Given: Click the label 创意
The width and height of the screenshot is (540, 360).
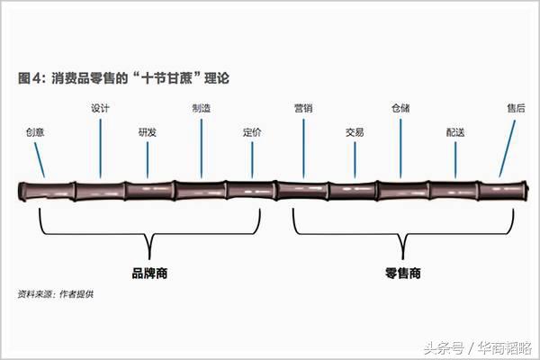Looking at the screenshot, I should click(x=35, y=132).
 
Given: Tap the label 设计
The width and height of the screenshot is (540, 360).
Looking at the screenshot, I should click(x=101, y=108).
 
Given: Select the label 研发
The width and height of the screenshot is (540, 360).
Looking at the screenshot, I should click(x=148, y=132).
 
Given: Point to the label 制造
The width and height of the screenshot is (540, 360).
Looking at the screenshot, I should click(x=202, y=108).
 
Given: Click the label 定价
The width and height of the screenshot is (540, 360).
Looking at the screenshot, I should click(x=252, y=132).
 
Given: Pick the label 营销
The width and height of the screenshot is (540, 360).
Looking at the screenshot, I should click(x=303, y=108).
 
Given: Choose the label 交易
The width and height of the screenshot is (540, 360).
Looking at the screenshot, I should click(x=355, y=132).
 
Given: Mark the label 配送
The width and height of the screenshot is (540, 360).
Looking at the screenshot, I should click(x=455, y=132).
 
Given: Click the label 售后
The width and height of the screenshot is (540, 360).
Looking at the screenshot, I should click(x=516, y=108).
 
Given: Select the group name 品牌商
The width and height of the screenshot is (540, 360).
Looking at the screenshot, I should click(x=149, y=272).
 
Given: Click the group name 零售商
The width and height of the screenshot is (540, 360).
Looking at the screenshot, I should click(x=402, y=272).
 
